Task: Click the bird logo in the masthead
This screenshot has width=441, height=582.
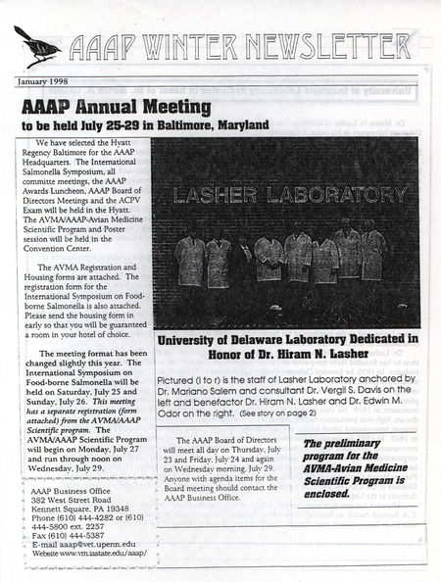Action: click(x=36, y=43)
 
